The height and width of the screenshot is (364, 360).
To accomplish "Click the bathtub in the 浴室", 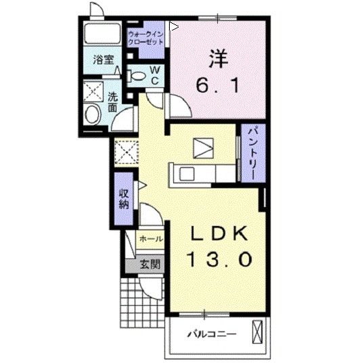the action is (102, 33).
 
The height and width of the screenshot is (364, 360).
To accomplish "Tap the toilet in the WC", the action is (136, 76).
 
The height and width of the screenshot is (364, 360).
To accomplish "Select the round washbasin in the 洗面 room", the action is (92, 114).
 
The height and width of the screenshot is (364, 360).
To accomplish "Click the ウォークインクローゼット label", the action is (145, 39).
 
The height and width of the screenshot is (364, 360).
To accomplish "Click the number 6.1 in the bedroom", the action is (217, 85).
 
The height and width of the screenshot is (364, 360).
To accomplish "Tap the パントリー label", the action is (253, 153).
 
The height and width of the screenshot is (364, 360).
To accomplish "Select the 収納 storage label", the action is (124, 199).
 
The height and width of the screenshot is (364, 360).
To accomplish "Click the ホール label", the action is (151, 239).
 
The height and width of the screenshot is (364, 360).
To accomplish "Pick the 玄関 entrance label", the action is (150, 264).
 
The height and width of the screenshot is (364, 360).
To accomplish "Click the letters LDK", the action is (219, 233).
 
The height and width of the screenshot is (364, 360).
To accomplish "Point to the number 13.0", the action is (219, 259).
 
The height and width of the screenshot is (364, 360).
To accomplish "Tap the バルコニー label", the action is (212, 334).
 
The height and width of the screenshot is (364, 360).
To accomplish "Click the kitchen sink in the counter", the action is (187, 174).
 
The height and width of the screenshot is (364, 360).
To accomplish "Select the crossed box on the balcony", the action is (257, 332).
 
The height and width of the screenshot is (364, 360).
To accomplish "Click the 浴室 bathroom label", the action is (104, 60).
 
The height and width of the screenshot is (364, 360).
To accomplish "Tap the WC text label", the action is (154, 75).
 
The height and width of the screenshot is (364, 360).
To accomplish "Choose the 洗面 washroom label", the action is (113, 102).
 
